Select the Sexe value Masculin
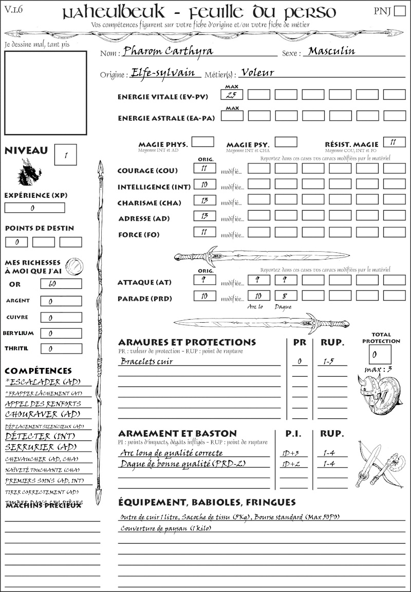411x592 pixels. point(332,51)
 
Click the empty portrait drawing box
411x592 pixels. point(45,92)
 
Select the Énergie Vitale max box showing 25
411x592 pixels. point(232,95)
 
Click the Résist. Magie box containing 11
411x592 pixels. point(394,142)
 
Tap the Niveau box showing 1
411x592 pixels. point(66,154)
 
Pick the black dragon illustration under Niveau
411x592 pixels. point(29,172)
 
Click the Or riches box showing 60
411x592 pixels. point(61,284)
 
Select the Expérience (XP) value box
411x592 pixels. point(34,208)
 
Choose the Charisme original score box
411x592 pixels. point(204,201)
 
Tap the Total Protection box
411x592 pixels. point(380,354)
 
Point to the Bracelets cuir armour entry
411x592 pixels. point(147,361)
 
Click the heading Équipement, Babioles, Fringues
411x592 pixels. point(207,502)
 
